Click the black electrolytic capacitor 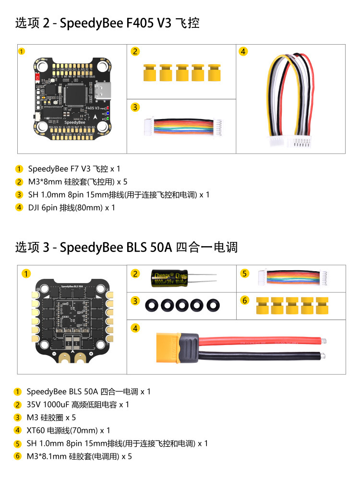(169, 278)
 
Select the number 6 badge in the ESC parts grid (245, 300)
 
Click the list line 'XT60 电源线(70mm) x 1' (69, 430)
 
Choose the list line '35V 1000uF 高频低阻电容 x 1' (78, 405)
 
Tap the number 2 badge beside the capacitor (136, 274)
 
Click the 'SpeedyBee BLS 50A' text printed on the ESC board (72, 286)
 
